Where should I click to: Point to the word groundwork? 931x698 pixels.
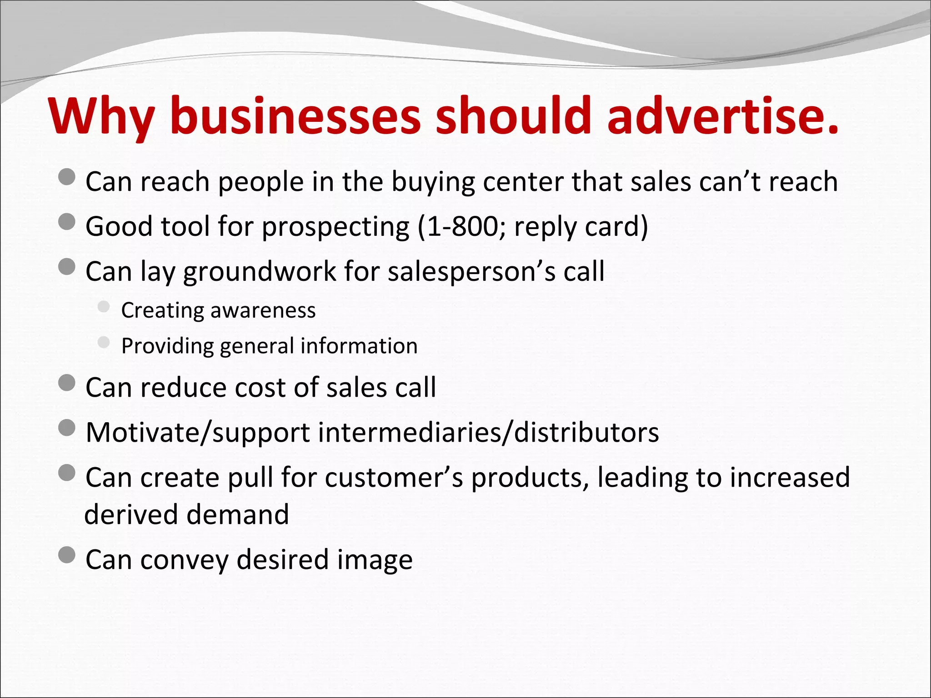coord(259,271)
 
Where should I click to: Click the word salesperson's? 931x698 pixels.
coord(471,271)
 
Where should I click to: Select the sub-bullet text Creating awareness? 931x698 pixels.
coord(218,310)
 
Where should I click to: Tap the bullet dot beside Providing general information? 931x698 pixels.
coord(104,343)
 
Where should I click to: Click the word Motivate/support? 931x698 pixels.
coord(198,432)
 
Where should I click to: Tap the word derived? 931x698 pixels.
coord(131,514)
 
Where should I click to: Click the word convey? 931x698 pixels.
coord(184,559)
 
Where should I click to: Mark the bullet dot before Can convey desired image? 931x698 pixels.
coord(67,555)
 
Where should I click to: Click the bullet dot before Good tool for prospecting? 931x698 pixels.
coord(67,222)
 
